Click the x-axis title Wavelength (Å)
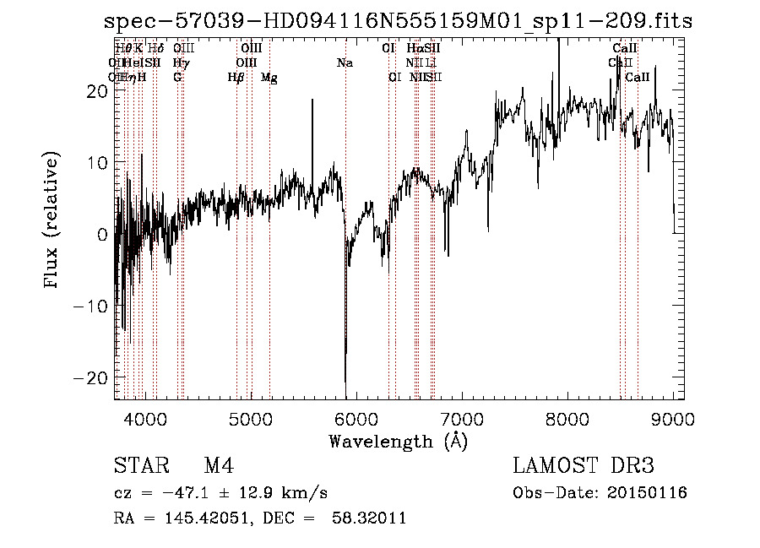(x=398, y=441)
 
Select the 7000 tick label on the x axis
(x=462, y=419)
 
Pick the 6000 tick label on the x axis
(x=356, y=419)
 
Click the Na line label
(x=345, y=62)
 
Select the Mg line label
(x=269, y=78)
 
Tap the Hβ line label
(x=236, y=78)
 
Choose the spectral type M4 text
(x=219, y=467)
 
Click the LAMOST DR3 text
(x=584, y=467)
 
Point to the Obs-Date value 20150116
(x=651, y=493)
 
